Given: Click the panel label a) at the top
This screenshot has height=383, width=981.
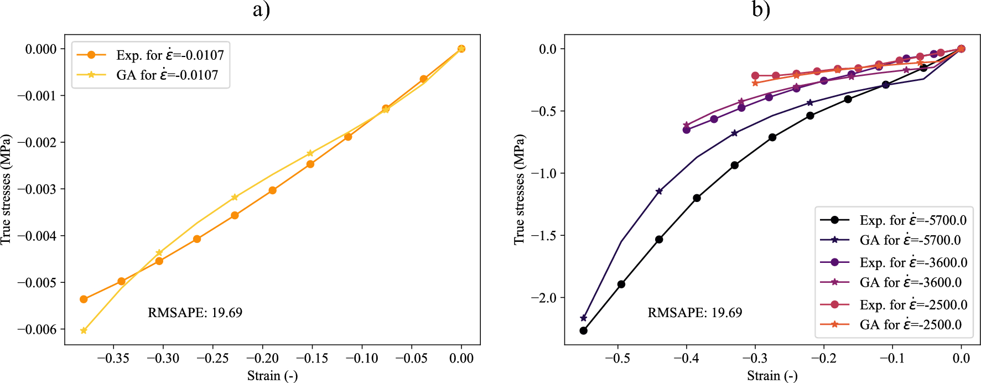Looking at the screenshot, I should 261,9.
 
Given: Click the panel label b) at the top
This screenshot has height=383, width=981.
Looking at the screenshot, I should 761,9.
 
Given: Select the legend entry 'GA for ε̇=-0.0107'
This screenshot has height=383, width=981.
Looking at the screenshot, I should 167,75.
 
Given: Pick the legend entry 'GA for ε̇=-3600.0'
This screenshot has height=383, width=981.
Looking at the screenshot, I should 910,282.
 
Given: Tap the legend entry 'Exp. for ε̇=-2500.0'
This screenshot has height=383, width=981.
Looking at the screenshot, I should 913,304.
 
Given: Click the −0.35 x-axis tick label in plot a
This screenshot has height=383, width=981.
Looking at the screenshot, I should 113,358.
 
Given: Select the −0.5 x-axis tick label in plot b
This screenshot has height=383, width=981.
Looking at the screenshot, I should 617,358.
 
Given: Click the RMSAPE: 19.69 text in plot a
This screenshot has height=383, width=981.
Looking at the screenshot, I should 195,313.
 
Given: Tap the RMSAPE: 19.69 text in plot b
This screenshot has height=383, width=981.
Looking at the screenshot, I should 694,313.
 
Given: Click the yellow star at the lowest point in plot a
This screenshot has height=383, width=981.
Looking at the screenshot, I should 84,330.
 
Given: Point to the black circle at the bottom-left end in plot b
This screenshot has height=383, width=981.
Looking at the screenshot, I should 583,330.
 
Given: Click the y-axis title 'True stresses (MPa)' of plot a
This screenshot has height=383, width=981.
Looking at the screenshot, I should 6,189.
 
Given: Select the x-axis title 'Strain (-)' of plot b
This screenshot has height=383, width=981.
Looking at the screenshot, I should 772,376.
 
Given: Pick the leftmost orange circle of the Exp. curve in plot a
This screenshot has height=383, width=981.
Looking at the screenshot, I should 84,299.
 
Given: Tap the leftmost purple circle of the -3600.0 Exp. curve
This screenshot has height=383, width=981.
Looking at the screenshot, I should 687,130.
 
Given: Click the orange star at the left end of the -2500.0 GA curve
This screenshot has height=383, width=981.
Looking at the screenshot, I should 755,83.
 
